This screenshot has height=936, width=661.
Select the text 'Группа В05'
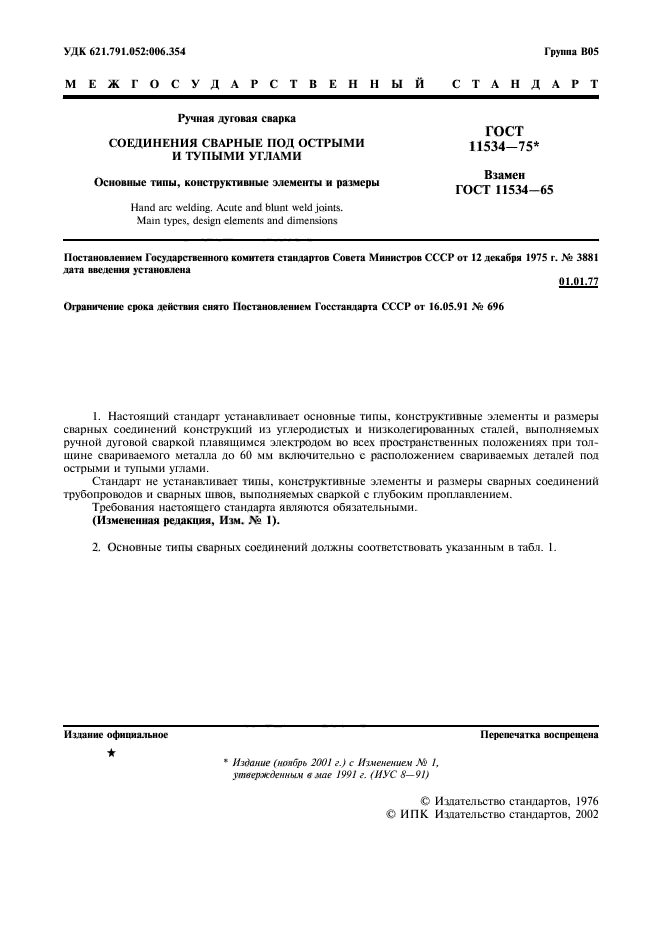pos(571,50)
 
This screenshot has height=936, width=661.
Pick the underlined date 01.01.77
pos(578,283)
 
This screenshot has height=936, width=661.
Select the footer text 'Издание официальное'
pos(116,734)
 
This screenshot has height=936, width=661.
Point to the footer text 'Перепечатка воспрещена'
pos(539,734)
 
